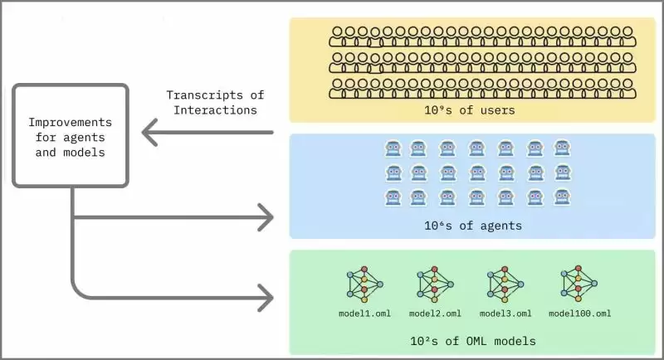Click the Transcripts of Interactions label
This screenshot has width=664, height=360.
click(x=212, y=102)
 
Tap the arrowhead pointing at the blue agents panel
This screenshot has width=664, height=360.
click(x=265, y=219)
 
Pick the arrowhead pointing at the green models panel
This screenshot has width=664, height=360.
click(x=265, y=296)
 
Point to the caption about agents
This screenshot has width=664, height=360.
click(x=469, y=225)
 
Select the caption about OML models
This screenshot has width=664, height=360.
click(x=469, y=339)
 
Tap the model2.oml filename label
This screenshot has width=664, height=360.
click(x=435, y=314)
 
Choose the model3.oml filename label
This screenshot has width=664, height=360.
click(x=505, y=314)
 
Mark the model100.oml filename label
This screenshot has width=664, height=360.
click(x=580, y=314)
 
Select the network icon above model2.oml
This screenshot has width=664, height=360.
click(x=435, y=284)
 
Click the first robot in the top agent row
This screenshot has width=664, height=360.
click(x=393, y=148)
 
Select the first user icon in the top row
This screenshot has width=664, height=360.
click(x=337, y=36)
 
